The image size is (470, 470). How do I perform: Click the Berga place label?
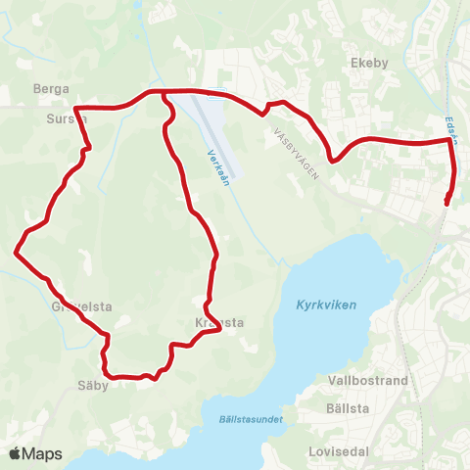pyautogui.click(x=51, y=87)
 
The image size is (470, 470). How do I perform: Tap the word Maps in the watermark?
pyautogui.click(x=45, y=453)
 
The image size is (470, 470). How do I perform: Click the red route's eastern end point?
pyautogui.click(x=446, y=203)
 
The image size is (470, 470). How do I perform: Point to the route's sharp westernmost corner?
pyautogui.click(x=16, y=252)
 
